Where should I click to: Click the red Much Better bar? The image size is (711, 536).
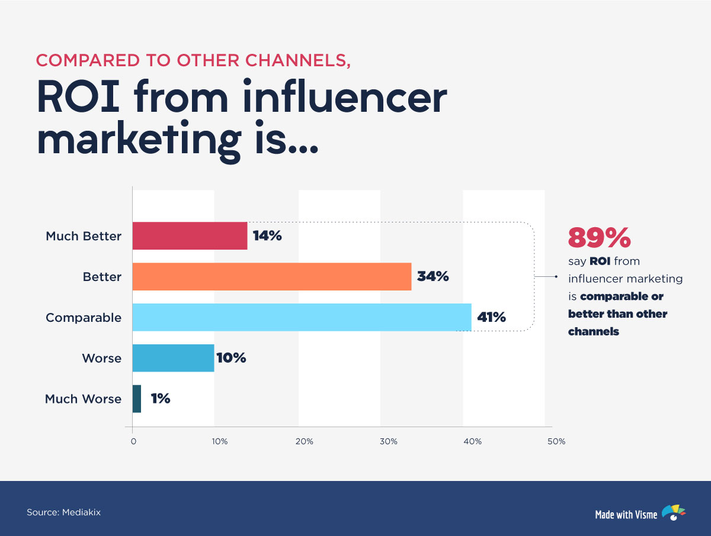tap(190, 235)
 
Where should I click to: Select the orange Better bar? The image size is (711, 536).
tap(271, 276)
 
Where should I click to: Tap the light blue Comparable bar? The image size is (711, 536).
tap(302, 317)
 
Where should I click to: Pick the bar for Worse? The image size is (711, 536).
tap(173, 358)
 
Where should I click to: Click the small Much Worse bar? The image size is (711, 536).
tap(137, 399)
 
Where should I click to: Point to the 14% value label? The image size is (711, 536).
tap(267, 235)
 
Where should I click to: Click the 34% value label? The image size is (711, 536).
tap(433, 276)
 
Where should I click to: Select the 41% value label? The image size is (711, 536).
tap(491, 317)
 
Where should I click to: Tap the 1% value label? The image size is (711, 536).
tap(160, 399)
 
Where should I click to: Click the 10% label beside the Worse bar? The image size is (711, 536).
tap(231, 358)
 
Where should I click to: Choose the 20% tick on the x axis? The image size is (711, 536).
tap(304, 441)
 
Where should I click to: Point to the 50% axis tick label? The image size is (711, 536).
tap(556, 441)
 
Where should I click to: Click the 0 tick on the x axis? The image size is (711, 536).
tap(133, 441)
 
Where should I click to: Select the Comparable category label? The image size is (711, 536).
tap(84, 318)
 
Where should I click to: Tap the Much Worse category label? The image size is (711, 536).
tap(83, 399)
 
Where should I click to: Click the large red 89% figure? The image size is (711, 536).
tap(599, 238)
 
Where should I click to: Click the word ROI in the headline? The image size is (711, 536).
tap(82, 98)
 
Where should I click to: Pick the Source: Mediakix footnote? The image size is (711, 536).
tap(63, 512)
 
